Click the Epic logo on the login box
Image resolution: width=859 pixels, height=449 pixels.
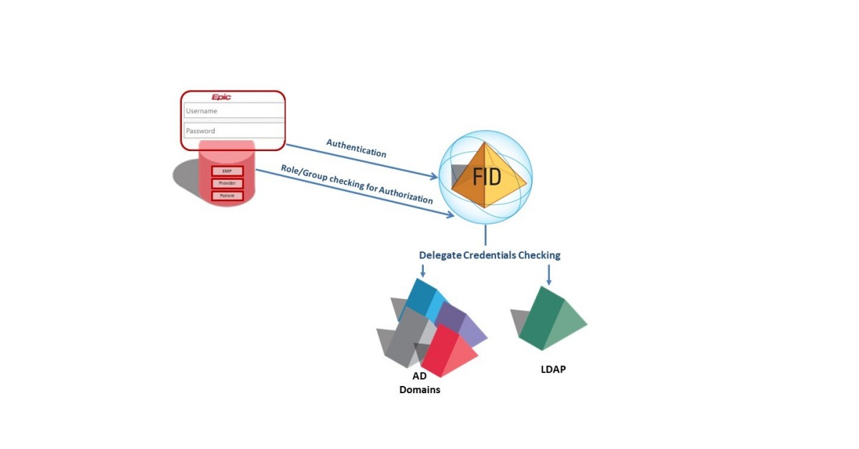221,97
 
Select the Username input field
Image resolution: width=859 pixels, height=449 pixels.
233,111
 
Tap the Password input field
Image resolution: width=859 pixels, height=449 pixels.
233,131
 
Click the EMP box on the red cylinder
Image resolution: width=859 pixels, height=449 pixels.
227,171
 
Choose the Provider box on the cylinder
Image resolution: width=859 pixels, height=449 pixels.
227,183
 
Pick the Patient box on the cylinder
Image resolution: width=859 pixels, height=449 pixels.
227,195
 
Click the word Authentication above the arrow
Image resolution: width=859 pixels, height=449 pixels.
356,148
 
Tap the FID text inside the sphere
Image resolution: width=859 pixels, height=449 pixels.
487,177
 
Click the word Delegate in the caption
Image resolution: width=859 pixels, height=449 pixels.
440,255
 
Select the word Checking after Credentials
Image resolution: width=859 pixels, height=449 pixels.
539,255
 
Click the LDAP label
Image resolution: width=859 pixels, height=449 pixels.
553,370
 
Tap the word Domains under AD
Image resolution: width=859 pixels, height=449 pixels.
419,390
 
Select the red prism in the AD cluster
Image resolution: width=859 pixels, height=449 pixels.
448,351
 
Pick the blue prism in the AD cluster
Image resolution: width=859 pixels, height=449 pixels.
426,299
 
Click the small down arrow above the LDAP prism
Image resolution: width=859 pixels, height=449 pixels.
549,275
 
